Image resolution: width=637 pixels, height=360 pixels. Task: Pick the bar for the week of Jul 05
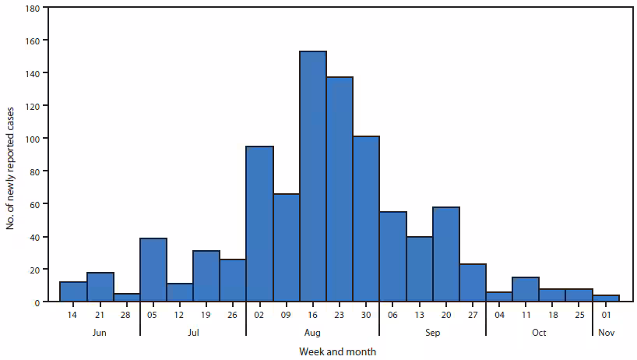pos(153,270)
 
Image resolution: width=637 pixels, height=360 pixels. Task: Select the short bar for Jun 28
pos(126,298)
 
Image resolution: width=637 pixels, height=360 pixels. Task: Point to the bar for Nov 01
pos(606,298)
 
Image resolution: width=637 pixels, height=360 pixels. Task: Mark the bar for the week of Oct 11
pos(526,289)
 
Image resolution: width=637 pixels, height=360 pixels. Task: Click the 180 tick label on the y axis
pos(31,8)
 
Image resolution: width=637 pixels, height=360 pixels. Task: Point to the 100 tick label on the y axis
pos(31,139)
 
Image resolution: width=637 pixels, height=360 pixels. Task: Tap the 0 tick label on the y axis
pos(37,302)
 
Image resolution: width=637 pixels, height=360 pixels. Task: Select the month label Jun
pos(100,333)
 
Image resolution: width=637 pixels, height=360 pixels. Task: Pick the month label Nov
pos(606,333)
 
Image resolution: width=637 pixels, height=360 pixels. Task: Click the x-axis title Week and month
pos(337,352)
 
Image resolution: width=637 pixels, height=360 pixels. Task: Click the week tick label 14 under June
pos(73,316)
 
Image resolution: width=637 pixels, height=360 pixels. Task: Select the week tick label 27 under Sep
pos(473,316)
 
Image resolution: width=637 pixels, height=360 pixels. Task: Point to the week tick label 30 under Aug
pos(366,316)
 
